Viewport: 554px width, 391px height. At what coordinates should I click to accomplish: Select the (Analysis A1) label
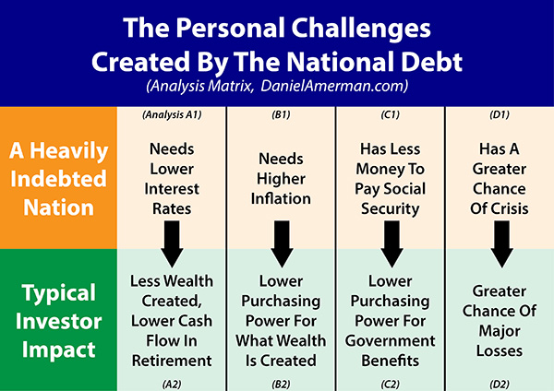(x=172, y=114)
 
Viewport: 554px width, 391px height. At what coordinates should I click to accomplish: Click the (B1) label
(x=282, y=114)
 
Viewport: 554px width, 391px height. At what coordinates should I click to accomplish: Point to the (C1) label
(x=390, y=114)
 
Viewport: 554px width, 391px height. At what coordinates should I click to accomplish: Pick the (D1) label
(x=500, y=114)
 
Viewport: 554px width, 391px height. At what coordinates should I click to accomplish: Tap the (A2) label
(x=172, y=385)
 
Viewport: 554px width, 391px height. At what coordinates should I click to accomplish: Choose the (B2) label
(x=282, y=385)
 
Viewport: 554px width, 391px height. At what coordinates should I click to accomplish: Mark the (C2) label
(x=390, y=385)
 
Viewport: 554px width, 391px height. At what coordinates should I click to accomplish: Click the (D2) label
(x=500, y=385)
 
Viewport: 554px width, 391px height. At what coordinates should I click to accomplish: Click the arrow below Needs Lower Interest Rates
(x=172, y=243)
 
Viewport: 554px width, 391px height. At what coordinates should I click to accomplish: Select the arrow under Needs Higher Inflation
(x=282, y=243)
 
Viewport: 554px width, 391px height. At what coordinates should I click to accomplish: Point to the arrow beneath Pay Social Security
(x=391, y=243)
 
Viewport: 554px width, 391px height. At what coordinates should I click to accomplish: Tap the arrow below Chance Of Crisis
(x=501, y=243)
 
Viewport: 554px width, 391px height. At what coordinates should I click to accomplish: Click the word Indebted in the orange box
(x=58, y=179)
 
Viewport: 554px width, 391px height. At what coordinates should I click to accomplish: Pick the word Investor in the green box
(x=58, y=322)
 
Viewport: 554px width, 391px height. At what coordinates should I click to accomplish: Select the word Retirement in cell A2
(x=172, y=361)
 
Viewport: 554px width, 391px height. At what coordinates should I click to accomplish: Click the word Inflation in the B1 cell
(x=281, y=198)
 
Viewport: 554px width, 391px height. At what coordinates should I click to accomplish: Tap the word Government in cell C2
(x=390, y=341)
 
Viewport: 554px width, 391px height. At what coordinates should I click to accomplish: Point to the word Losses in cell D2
(x=500, y=350)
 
